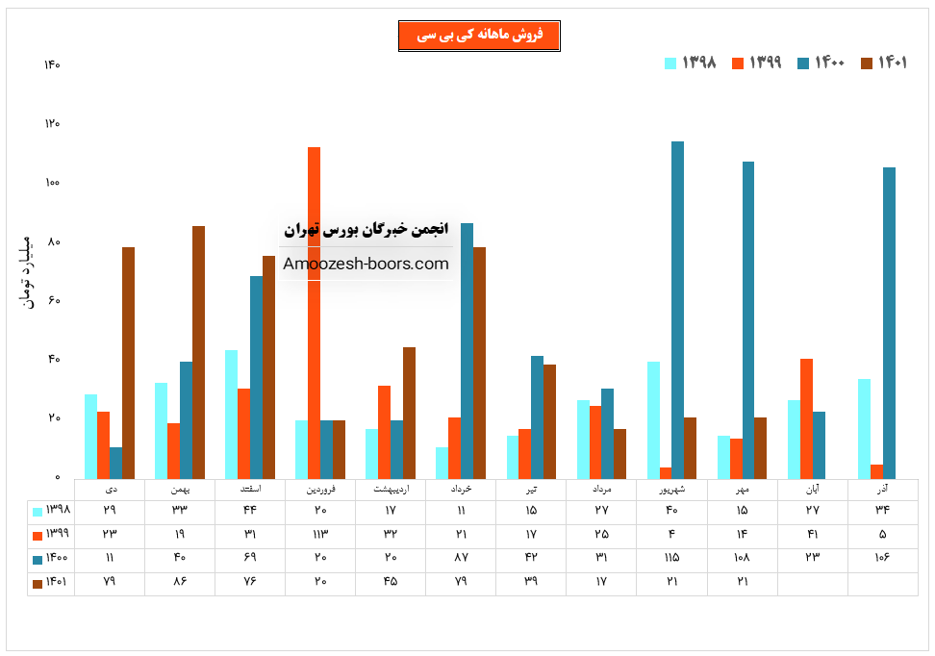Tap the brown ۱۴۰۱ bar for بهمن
pyautogui.click(x=198, y=352)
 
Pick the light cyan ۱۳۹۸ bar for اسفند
pyautogui.click(x=231, y=414)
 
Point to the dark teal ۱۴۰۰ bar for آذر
pyautogui.click(x=889, y=323)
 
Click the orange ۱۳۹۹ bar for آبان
pyautogui.click(x=806, y=418)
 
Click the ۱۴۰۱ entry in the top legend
pyautogui.click(x=885, y=63)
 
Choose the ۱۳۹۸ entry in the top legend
pyautogui.click(x=691, y=63)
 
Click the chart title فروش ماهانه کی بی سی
pyautogui.click(x=479, y=36)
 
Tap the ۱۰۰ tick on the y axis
pyautogui.click(x=52, y=183)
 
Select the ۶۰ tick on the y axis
pyautogui.click(x=54, y=300)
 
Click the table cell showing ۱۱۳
pyautogui.click(x=320, y=534)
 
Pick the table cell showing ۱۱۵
pyautogui.click(x=671, y=558)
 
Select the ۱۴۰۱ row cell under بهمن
pyautogui.click(x=180, y=582)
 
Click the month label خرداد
pyautogui.click(x=461, y=490)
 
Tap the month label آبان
pyautogui.click(x=812, y=490)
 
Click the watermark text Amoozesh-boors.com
pyautogui.click(x=366, y=264)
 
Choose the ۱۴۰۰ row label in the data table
pyautogui.click(x=54, y=558)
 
